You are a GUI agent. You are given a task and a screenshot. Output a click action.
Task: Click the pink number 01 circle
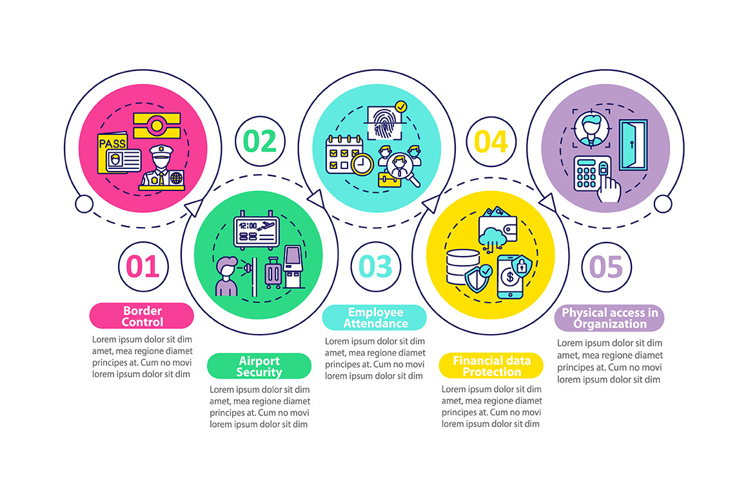(143, 266)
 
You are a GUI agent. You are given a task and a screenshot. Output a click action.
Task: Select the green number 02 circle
(260, 141)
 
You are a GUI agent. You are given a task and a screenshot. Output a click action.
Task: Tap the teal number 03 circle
(375, 266)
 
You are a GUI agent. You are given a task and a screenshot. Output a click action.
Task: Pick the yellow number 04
(491, 141)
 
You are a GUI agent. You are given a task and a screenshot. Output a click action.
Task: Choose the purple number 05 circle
(607, 266)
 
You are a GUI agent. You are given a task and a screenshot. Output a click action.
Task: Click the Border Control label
(143, 316)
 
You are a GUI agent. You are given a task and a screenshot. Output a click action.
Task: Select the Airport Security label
(259, 366)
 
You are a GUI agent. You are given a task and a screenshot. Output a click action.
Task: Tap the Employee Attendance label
(375, 317)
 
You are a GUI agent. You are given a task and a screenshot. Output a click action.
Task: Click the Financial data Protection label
(491, 366)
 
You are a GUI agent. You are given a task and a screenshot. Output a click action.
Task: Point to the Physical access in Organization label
(609, 318)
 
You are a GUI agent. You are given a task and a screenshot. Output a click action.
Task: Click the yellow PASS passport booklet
(113, 153)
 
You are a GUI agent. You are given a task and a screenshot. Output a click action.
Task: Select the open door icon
(633, 146)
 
